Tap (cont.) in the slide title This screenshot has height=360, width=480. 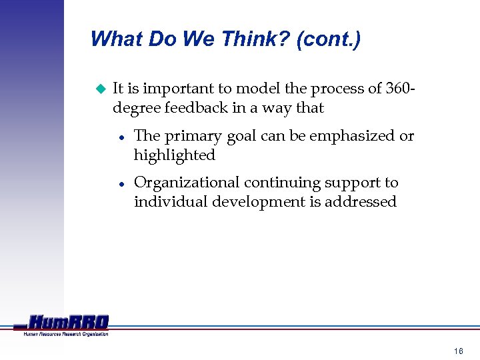click(x=329, y=39)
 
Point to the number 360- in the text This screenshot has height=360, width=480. click(x=402, y=88)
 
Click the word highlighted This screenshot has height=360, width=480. click(x=175, y=155)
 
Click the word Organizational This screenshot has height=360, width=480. click(x=187, y=183)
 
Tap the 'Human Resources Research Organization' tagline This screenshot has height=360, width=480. click(x=66, y=333)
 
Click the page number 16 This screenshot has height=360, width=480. click(x=458, y=351)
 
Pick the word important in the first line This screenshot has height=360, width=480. click(x=177, y=89)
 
